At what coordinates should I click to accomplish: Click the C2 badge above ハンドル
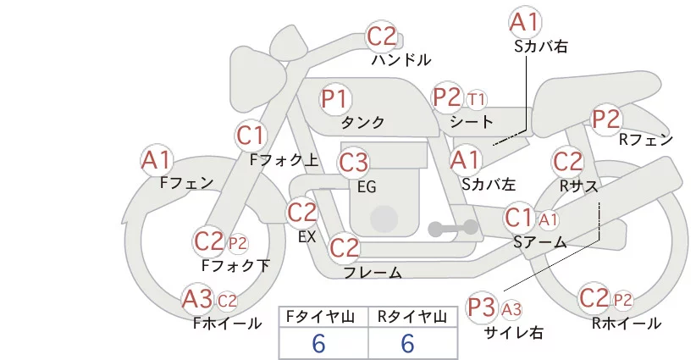tap(382, 36)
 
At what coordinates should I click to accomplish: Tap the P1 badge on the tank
tap(335, 98)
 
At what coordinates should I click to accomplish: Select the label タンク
tap(362, 123)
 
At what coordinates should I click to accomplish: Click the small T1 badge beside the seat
tap(477, 99)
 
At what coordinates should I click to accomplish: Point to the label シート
tap(472, 122)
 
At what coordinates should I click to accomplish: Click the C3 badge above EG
tap(353, 161)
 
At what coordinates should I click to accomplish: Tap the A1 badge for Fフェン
tap(157, 158)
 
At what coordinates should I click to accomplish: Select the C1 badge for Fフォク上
tap(251, 135)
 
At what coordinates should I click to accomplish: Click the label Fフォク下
tap(235, 266)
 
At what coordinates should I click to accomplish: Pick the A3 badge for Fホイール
tap(198, 299)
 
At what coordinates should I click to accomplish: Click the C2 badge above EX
tap(302, 212)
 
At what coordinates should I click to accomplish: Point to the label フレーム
tap(373, 273)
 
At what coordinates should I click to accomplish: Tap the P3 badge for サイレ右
tap(482, 306)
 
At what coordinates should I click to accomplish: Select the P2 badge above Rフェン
tap(606, 119)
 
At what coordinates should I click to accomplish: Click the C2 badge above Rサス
tap(567, 160)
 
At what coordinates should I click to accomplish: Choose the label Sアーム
tap(540, 242)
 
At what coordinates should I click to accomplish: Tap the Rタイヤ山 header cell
tap(412, 316)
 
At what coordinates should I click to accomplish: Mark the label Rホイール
tap(626, 323)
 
